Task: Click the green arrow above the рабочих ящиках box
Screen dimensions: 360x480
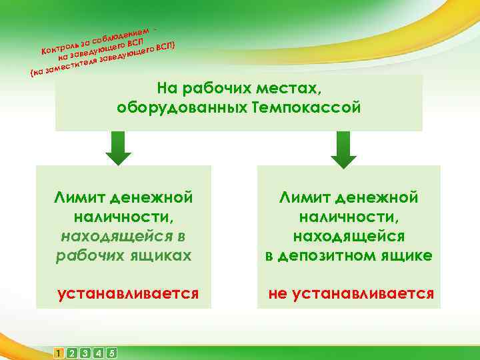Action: pyautogui.click(x=119, y=148)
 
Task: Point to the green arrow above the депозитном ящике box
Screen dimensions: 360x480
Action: pyautogui.click(x=344, y=149)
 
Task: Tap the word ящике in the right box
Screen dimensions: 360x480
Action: pyautogui.click(x=407, y=255)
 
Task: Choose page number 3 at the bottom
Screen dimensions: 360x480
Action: pyautogui.click(x=85, y=352)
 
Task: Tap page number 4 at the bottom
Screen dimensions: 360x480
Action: pyautogui.click(x=98, y=352)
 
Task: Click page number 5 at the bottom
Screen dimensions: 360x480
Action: pyautogui.click(x=111, y=352)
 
